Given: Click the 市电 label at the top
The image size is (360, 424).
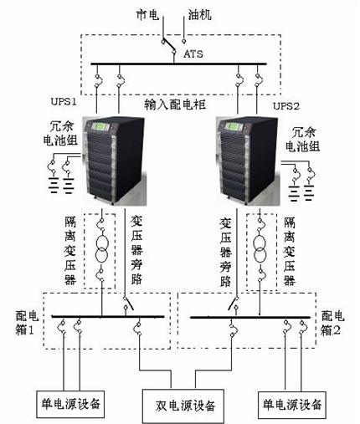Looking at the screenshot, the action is coord(147,14).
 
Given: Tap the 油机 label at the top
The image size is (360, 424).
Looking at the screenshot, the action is coord(199,14).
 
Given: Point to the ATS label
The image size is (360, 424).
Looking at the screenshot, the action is coord(193,54).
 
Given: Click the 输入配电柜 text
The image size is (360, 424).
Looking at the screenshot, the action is coord(175,105).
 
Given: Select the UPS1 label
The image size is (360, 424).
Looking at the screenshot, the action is coord(64,101).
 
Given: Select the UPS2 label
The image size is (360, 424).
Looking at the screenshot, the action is coord(286,106).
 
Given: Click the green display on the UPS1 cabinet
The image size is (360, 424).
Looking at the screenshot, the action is coord(100,127).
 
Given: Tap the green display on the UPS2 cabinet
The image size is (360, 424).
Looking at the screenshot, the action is coord(234,127).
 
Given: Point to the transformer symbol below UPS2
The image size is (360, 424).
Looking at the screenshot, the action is coord(260,248).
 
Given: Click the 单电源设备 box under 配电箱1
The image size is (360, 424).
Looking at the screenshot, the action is coord(70,404).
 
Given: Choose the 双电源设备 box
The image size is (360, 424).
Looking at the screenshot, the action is coord(183,406).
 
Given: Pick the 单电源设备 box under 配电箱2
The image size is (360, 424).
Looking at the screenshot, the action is coord(292,405).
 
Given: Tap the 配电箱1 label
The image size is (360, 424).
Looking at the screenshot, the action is coord(27,324).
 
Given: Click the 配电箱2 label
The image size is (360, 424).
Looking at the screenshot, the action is coord(332,324).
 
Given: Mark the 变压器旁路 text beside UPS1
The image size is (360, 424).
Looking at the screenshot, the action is coord(136,250).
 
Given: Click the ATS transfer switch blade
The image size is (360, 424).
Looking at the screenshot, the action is coord(168,46).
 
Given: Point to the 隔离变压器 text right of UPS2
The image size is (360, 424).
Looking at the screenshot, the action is coord(290,252).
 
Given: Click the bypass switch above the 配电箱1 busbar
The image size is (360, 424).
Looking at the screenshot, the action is coord(128,304).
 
